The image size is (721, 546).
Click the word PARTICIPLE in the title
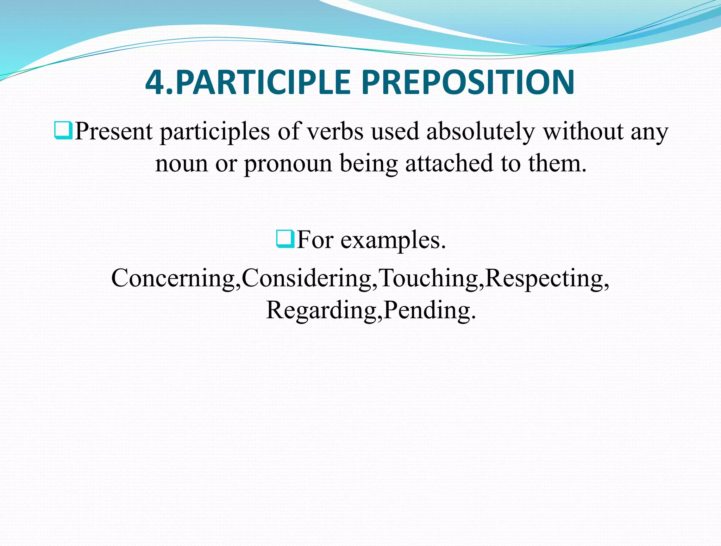tap(263, 83)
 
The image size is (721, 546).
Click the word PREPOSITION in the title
tap(468, 83)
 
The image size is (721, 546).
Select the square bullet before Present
tap(63, 130)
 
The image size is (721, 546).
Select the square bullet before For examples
tap(285, 239)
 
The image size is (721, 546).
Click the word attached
tap(449, 164)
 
